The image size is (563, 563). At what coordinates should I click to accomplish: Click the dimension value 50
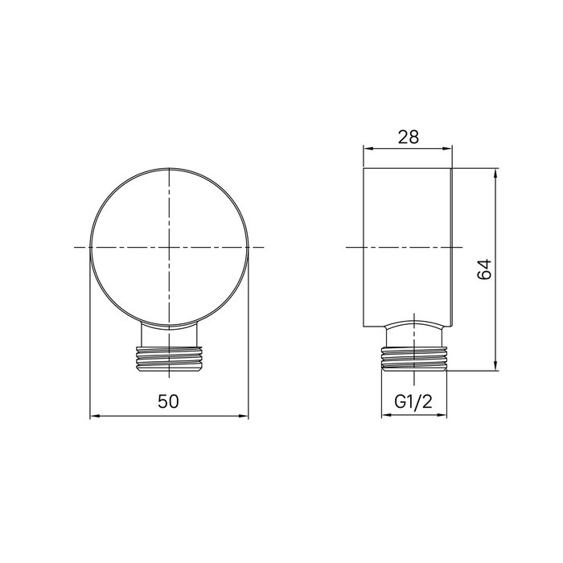click(x=168, y=401)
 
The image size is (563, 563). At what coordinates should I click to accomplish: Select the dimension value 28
click(x=409, y=137)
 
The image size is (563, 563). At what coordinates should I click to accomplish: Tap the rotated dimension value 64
click(x=484, y=271)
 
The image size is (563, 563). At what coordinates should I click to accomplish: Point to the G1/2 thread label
click(x=410, y=402)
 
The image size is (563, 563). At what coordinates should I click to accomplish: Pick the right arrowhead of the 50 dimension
click(x=245, y=416)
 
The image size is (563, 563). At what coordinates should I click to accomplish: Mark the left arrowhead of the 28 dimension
click(x=368, y=149)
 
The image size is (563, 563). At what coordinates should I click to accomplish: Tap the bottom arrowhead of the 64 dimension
click(x=495, y=368)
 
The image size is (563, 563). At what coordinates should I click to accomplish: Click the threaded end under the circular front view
click(x=168, y=359)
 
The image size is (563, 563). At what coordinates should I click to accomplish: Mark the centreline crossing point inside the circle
click(x=168, y=247)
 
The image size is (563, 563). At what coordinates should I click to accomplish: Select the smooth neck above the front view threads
click(x=168, y=336)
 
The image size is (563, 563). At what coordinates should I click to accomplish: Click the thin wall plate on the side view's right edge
click(x=453, y=249)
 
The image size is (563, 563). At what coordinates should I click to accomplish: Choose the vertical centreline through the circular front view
click(x=168, y=201)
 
